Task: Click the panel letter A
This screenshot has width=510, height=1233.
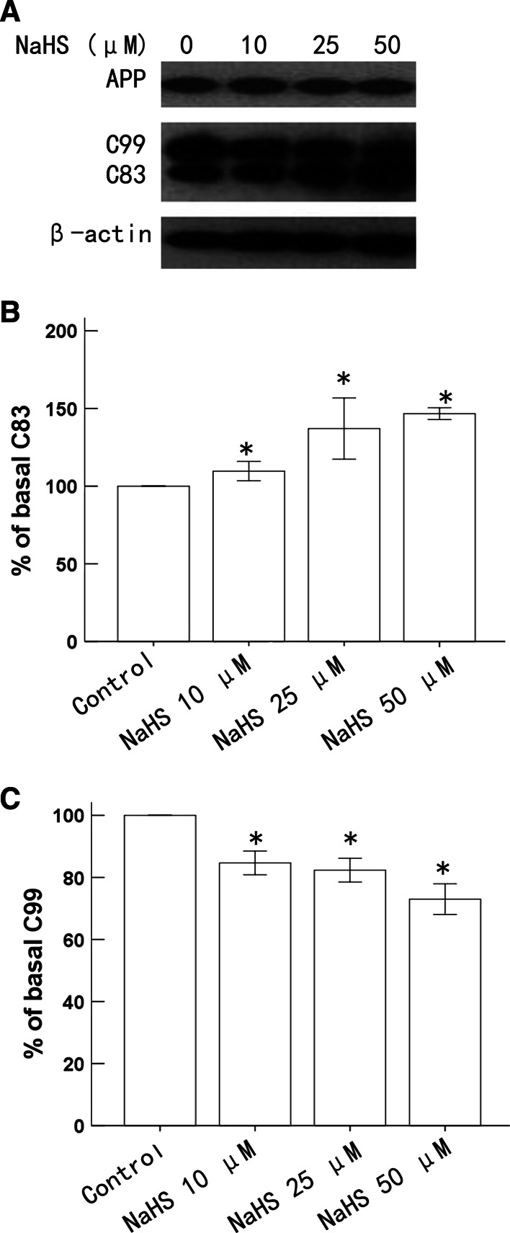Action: point(10,11)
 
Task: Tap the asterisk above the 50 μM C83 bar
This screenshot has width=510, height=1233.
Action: point(445,398)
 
